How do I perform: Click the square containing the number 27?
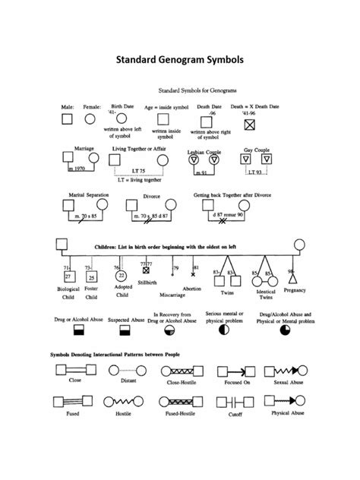[x=68, y=277]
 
